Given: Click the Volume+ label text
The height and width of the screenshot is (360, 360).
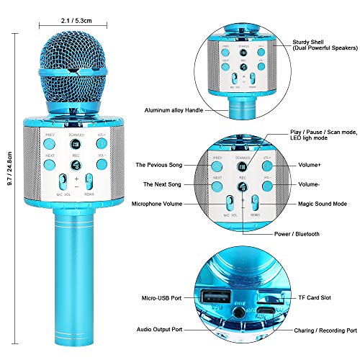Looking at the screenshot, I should [312, 165].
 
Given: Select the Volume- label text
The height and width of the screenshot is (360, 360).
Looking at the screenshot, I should [312, 185].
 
